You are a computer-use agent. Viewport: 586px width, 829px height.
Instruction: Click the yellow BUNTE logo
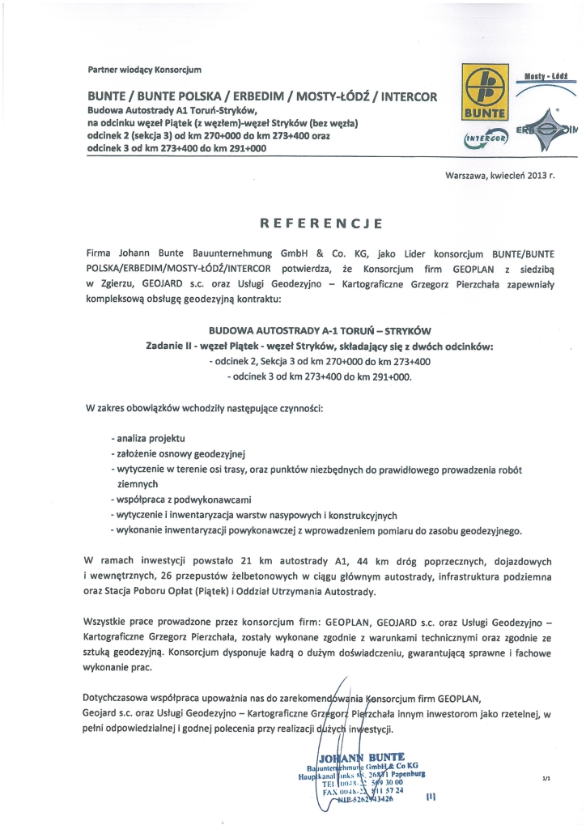pyautogui.click(x=482, y=93)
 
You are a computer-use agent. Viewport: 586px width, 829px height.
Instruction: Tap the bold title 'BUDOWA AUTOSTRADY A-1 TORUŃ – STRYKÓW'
pyautogui.click(x=320, y=331)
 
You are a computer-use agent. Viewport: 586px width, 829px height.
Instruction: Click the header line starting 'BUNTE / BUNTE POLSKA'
pyautogui.click(x=262, y=96)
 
